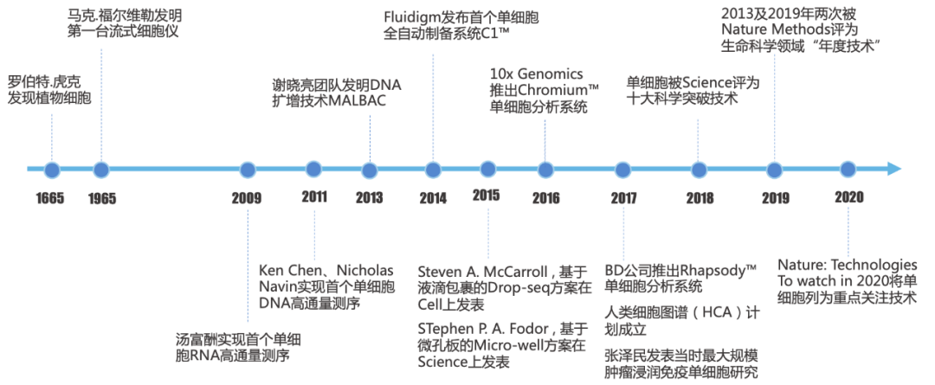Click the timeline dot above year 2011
click(313, 169)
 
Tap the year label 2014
click(432, 197)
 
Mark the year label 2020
click(849, 197)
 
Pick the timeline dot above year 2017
click(623, 169)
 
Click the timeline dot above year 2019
click(773, 169)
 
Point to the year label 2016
click(545, 197)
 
